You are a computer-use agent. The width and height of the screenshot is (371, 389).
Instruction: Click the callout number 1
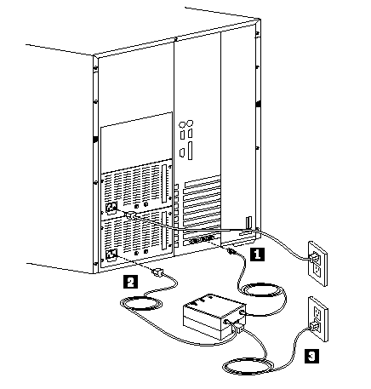coord(257,254)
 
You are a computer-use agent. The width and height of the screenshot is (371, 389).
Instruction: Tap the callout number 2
coord(130,282)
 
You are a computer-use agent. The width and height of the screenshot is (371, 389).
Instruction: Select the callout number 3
coord(311,356)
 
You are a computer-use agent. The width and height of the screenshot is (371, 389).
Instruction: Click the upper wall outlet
coord(317,263)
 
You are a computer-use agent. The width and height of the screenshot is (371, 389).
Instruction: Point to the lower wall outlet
coord(318,319)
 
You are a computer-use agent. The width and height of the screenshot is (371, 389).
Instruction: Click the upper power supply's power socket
coord(111,207)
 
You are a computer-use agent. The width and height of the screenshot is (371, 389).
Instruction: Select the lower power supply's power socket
coord(111,255)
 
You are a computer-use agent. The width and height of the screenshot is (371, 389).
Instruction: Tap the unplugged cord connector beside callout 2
coord(157,272)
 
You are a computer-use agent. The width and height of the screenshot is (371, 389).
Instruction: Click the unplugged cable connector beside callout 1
coord(231,251)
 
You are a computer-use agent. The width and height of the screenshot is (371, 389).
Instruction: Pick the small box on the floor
coord(214,317)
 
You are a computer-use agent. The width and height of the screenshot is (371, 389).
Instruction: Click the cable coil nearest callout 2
coord(141,303)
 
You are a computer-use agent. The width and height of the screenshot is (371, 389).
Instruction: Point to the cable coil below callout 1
coord(262,290)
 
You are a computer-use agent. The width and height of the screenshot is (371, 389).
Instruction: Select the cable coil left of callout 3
coord(248,367)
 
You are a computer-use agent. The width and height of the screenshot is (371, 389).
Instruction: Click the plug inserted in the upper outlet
coord(314,258)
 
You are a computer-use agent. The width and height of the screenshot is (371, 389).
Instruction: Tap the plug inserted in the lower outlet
coord(314,327)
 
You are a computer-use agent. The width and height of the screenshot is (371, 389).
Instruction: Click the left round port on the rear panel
coord(182,124)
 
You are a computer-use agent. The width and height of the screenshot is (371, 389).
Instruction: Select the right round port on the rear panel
coord(190,123)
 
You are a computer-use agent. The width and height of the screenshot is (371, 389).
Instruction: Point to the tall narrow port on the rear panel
coord(190,151)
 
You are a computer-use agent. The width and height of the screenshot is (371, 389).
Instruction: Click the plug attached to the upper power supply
coord(129,215)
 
